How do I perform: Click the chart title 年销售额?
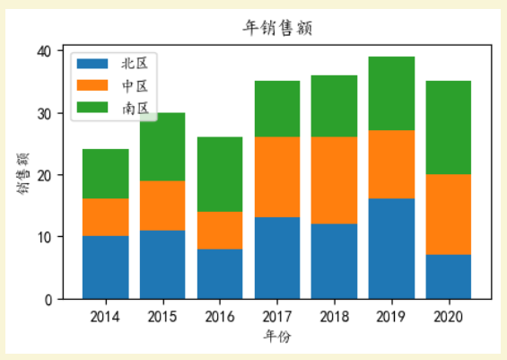click(x=277, y=28)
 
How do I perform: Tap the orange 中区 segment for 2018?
click(x=334, y=180)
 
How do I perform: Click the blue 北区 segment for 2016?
click(x=220, y=274)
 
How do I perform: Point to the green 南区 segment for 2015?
click(x=162, y=146)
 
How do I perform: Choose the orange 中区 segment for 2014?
click(x=105, y=218)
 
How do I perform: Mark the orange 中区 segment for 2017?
click(x=277, y=177)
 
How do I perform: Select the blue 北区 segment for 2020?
click(x=449, y=277)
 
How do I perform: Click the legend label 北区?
click(x=135, y=64)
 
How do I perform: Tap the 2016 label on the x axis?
click(x=220, y=316)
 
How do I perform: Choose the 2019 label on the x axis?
click(x=391, y=316)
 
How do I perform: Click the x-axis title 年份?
click(x=276, y=337)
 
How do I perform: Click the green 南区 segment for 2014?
click(x=105, y=173)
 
